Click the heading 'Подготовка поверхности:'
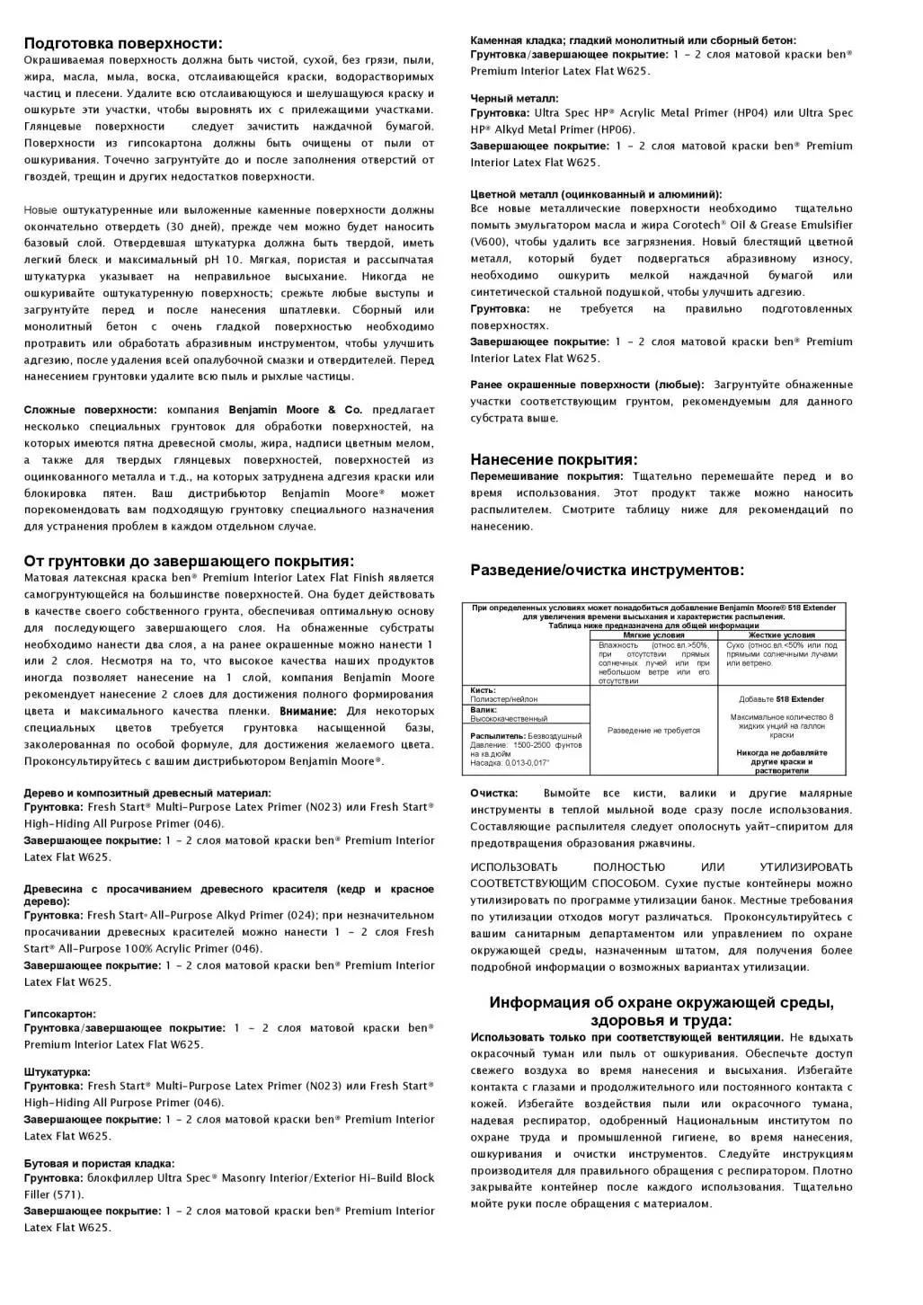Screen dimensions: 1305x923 [123, 43]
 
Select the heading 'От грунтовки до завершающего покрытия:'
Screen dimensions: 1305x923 [189, 561]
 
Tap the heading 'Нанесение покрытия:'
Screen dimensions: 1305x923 [554, 459]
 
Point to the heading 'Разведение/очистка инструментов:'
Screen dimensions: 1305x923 [607, 570]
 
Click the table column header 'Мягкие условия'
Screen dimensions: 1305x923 [653, 635]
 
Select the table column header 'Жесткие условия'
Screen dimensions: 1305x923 [781, 635]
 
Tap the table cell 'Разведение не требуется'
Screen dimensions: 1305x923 [653, 731]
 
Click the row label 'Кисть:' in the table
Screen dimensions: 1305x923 [484, 690]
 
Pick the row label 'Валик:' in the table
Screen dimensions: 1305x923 [484, 710]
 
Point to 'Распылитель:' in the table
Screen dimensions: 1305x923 [495, 735]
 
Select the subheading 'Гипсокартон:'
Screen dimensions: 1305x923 [59, 1014]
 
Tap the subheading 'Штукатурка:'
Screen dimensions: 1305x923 [57, 1072]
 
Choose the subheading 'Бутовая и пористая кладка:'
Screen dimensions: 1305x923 [99, 1164]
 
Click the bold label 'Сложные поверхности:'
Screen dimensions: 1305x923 [90, 410]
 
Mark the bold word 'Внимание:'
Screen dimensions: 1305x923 [310, 711]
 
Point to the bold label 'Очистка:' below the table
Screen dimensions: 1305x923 [493, 794]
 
